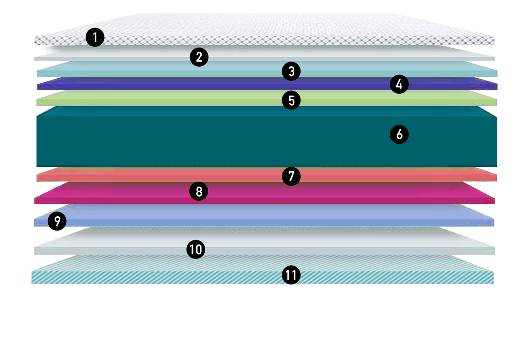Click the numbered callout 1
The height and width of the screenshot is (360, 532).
[x=95, y=37]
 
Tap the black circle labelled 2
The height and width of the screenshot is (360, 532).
[x=199, y=57]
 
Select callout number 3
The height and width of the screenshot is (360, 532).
[x=291, y=71]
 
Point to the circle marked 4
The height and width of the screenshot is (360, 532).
[x=399, y=84]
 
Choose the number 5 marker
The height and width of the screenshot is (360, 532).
[x=291, y=100]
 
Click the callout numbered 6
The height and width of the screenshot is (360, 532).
[x=399, y=134]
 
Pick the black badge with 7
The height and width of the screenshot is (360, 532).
[x=291, y=176]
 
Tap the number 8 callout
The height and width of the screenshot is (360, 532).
[x=199, y=191]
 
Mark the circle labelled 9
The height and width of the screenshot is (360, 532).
[x=57, y=221]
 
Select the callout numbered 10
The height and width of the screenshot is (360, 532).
[x=196, y=249]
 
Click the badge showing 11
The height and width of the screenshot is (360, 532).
[x=291, y=275]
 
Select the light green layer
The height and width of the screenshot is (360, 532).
[x=181, y=98]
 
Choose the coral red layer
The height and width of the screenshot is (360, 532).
[x=181, y=175]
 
